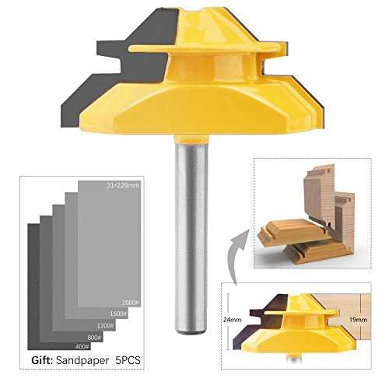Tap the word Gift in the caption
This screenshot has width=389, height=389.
41,360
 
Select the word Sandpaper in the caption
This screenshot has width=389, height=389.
82,361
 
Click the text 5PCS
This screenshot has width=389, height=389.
128,360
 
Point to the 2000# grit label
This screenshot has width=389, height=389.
131,303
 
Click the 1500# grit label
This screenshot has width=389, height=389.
118,314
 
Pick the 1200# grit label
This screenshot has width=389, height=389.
106,325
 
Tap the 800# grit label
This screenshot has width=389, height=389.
94,338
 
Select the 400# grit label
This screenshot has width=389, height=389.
82,346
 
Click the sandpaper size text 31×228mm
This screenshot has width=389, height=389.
123,185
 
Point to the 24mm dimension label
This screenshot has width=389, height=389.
232,320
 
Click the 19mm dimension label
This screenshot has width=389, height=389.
358,320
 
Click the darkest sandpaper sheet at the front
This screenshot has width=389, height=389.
33,286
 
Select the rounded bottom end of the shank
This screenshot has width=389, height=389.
191,331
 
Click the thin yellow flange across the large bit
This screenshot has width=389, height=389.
205,48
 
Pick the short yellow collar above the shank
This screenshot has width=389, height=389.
191,138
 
